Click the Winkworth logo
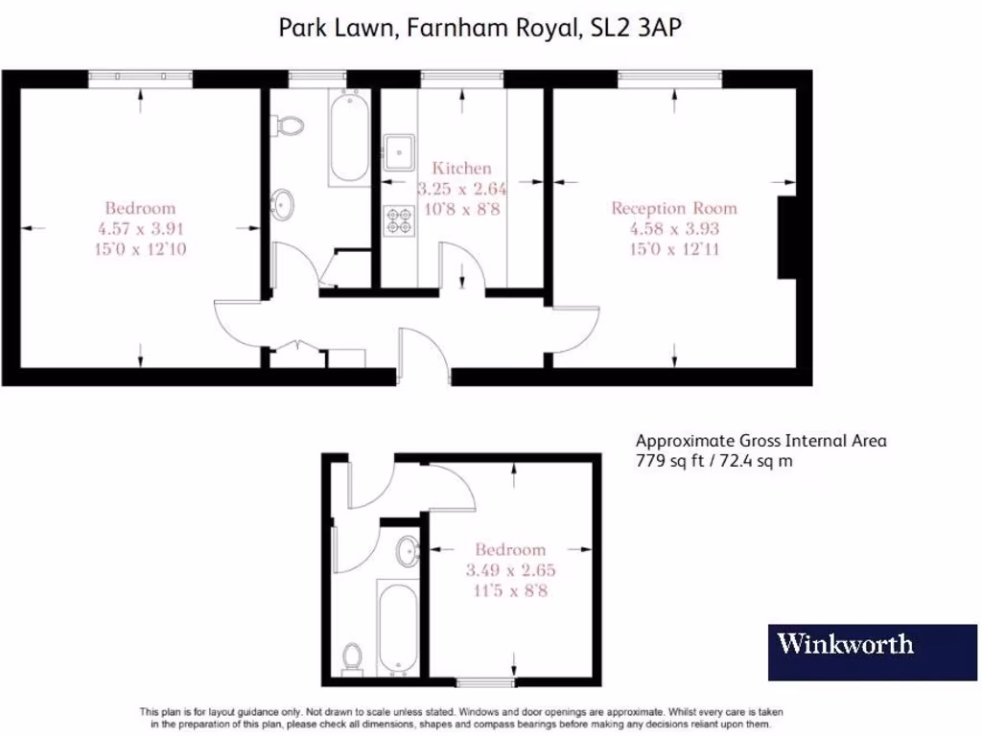click(x=845, y=643)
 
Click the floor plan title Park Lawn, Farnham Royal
click(x=479, y=28)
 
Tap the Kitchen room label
click(x=461, y=169)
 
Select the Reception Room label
click(x=674, y=208)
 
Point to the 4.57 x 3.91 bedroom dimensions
click(x=140, y=228)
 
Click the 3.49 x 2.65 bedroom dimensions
click(x=510, y=569)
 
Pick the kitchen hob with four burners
click(x=398, y=220)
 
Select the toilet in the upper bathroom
click(x=287, y=125)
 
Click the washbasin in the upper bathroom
click(x=283, y=203)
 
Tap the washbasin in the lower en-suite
click(x=408, y=551)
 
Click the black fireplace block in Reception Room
click(x=786, y=238)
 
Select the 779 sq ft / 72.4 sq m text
click(x=714, y=461)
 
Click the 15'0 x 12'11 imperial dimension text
click(x=674, y=249)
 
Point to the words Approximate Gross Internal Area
click(x=761, y=441)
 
